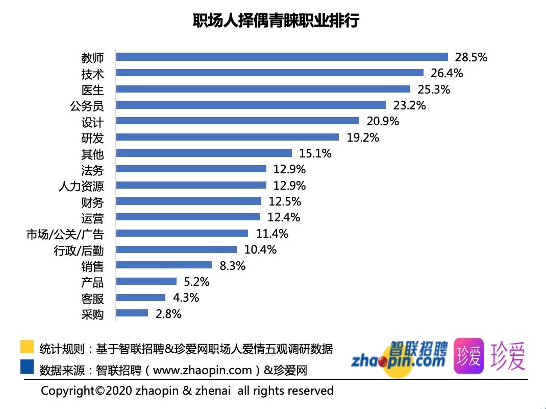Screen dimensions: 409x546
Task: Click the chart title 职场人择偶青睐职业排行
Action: tap(276, 20)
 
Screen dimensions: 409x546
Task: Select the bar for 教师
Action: tap(282, 57)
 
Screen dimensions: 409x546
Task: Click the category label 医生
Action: tap(92, 90)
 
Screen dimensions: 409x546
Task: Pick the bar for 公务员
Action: tap(251, 105)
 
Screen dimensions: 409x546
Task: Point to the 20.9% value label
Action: tap(383, 122)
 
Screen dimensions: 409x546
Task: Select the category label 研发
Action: tap(92, 138)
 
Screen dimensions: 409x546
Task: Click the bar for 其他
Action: tap(204, 153)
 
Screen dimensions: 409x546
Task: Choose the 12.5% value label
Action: tap(285, 201)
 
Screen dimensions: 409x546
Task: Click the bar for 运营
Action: tap(188, 217)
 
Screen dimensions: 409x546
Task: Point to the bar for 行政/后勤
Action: tap(177, 249)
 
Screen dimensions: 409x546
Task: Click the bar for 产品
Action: tap(146, 281)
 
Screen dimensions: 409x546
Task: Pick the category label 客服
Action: tap(92, 298)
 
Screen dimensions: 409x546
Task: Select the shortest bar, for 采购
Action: tap(132, 313)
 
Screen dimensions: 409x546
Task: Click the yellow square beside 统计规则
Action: tap(27, 347)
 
